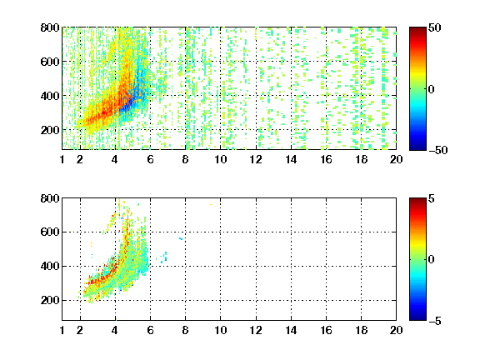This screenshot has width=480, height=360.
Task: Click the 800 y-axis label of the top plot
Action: point(50,27)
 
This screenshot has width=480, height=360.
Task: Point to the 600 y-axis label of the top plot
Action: point(50,62)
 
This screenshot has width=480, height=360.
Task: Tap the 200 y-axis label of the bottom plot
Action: point(50,300)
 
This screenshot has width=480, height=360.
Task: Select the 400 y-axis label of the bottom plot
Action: point(50,266)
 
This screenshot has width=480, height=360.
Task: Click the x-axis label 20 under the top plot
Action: point(396,159)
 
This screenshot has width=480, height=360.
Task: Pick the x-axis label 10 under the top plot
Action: point(220,159)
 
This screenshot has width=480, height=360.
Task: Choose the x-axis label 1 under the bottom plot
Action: point(62,330)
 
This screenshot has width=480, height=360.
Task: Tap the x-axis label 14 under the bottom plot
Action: point(291,330)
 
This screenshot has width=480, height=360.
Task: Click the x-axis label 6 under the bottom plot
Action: point(150,330)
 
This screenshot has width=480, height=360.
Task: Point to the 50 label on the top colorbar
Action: point(434,27)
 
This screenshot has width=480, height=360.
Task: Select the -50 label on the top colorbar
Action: point(437,150)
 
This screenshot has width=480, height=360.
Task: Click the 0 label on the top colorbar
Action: point(432,89)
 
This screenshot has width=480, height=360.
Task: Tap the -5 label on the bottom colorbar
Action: point(435,321)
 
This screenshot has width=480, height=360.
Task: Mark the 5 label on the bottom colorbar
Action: point(432,198)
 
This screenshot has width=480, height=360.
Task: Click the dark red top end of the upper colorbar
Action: point(417,29)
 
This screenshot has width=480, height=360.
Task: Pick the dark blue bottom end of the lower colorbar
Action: point(417,317)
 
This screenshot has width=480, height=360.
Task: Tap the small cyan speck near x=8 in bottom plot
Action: point(181,238)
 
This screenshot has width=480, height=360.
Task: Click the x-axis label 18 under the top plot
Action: point(361,159)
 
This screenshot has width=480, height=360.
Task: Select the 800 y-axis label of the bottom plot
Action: point(50,198)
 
